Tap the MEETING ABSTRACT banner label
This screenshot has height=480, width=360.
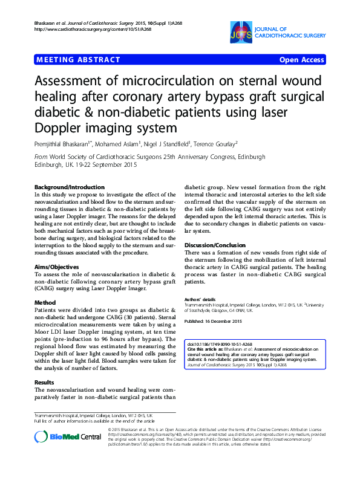(x=78, y=60)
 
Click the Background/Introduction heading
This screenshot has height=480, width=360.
(x=70, y=187)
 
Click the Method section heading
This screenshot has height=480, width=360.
(x=45, y=302)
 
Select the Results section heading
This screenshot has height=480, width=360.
(x=45, y=382)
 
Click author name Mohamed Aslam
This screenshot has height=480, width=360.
(x=117, y=144)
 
